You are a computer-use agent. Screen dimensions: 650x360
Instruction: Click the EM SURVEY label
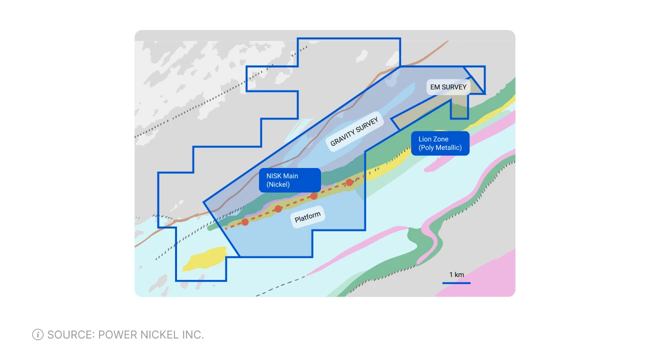[x=448, y=87]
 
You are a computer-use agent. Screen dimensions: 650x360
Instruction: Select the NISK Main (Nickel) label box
[x=290, y=180]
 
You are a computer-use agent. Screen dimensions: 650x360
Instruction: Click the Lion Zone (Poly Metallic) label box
[x=440, y=143]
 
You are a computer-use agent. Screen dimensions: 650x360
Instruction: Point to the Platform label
[x=307, y=217]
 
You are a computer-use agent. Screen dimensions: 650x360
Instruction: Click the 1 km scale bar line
[x=456, y=283]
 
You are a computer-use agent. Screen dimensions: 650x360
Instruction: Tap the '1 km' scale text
[x=456, y=274]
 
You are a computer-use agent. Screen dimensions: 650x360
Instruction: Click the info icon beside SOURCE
[x=37, y=334]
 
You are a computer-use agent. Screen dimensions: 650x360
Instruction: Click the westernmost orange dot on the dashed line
[x=245, y=222]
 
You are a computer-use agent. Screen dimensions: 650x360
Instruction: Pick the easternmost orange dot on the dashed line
[x=349, y=182]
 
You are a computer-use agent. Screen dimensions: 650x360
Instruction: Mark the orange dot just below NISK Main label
[x=314, y=196]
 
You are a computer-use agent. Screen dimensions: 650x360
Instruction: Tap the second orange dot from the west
[x=278, y=209]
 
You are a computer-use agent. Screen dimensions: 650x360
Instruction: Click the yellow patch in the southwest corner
[x=205, y=258]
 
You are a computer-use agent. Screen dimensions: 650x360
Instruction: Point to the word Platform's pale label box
[x=307, y=217]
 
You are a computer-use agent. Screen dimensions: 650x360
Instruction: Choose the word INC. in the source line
[x=191, y=334]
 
